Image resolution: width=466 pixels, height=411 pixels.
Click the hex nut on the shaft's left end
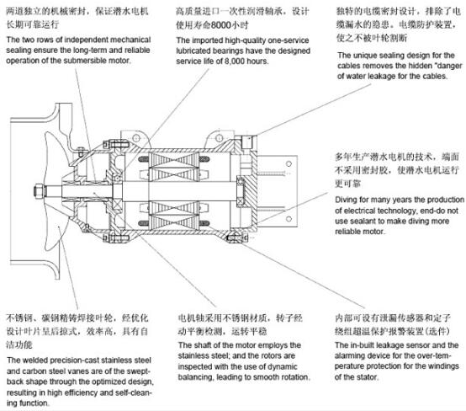pyautogui.click(x=39, y=191)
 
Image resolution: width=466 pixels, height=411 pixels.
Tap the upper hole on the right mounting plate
pyautogui.click(x=289, y=163)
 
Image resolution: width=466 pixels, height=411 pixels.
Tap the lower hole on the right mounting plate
pyautogui.click(x=289, y=219)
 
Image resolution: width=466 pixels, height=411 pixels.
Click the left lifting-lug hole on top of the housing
pyautogui.click(x=136, y=138)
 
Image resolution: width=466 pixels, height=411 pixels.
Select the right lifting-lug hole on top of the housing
pyautogui.click(x=219, y=138)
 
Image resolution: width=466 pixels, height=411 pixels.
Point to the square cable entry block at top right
pyautogui.click(x=247, y=142)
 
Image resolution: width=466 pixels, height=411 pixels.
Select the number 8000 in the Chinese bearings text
pyautogui.click(x=221, y=25)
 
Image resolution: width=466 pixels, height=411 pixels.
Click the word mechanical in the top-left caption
pyautogui.click(x=130, y=40)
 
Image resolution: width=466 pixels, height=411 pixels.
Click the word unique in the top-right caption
pyautogui.click(x=365, y=56)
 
